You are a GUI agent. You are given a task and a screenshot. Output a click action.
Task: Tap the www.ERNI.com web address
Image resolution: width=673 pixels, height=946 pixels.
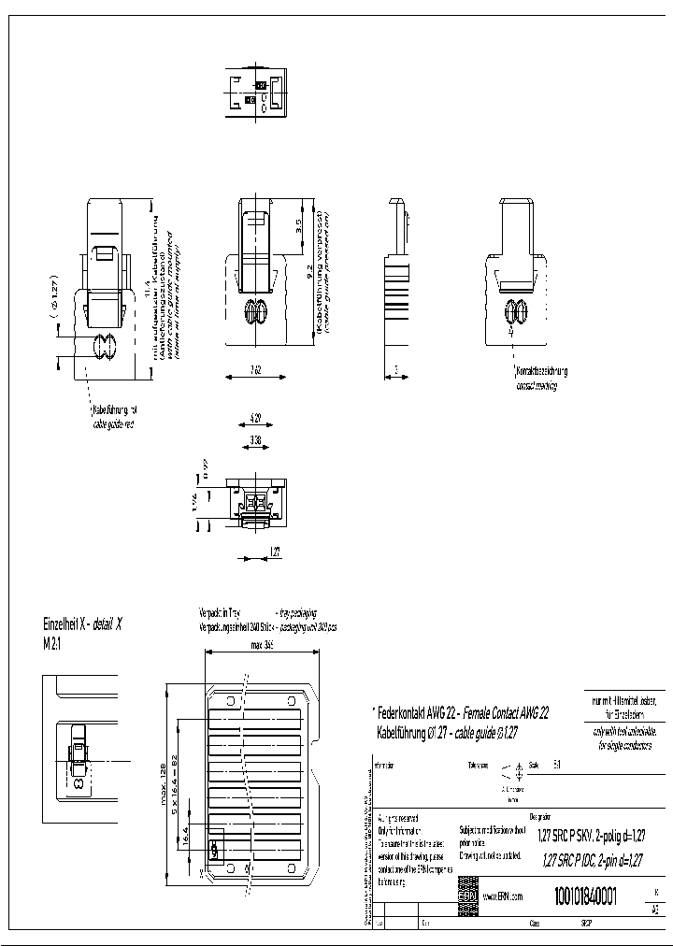pos(501,896)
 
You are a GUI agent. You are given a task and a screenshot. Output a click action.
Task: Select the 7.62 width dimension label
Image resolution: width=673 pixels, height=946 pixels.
pos(255,372)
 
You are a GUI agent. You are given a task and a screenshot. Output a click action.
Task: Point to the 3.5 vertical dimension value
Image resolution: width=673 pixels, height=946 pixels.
pos(298,226)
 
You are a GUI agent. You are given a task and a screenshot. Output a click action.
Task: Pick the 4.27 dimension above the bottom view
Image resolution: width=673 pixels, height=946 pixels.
pos(255,417)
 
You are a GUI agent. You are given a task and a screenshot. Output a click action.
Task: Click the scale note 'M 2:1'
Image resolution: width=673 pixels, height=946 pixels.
pos(52,644)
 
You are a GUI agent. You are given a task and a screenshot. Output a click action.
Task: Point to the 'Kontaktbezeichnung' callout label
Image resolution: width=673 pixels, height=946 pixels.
pos(542,371)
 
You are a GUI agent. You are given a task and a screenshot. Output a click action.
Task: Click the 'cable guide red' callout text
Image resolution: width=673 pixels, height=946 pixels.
pos(114,423)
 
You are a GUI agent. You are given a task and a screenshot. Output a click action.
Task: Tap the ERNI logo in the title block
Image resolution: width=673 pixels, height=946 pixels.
pos(467,896)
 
